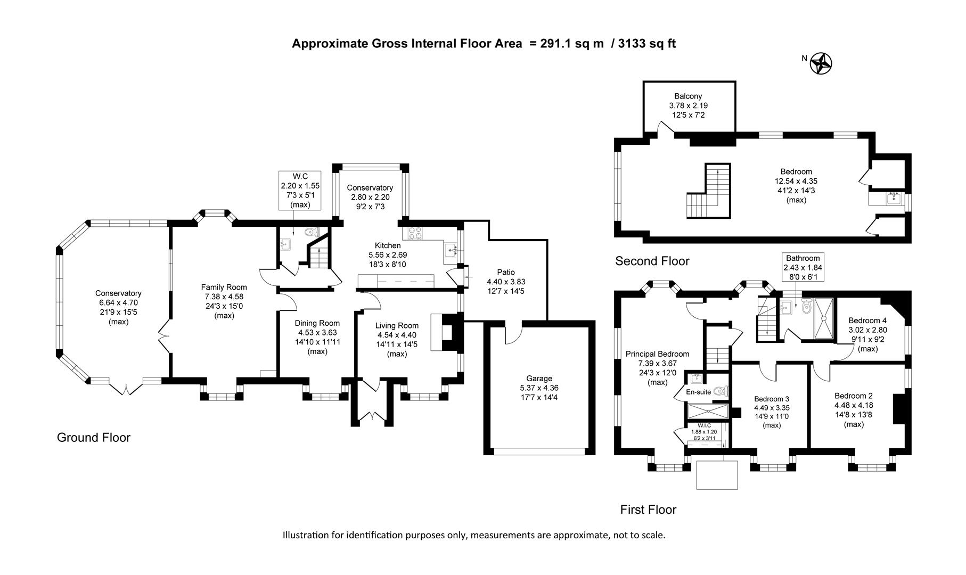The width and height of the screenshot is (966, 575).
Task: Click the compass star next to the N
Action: click(821, 64)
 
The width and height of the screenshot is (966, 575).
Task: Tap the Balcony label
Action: click(688, 96)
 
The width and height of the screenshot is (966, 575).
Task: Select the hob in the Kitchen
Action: click(415, 233)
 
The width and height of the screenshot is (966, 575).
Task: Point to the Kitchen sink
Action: click(451, 250)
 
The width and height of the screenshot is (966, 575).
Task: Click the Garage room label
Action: click(539, 379)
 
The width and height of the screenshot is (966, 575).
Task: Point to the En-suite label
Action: click(698, 392)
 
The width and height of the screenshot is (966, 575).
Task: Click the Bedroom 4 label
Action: click(867, 321)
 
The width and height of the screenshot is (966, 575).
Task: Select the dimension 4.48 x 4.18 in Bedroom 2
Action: click(854, 405)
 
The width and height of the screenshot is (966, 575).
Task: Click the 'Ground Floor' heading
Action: click(94, 438)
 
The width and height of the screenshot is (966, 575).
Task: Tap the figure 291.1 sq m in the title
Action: click(572, 44)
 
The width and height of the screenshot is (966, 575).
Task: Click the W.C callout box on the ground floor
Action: click(300, 190)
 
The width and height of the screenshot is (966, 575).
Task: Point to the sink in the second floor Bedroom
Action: click(894, 199)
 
